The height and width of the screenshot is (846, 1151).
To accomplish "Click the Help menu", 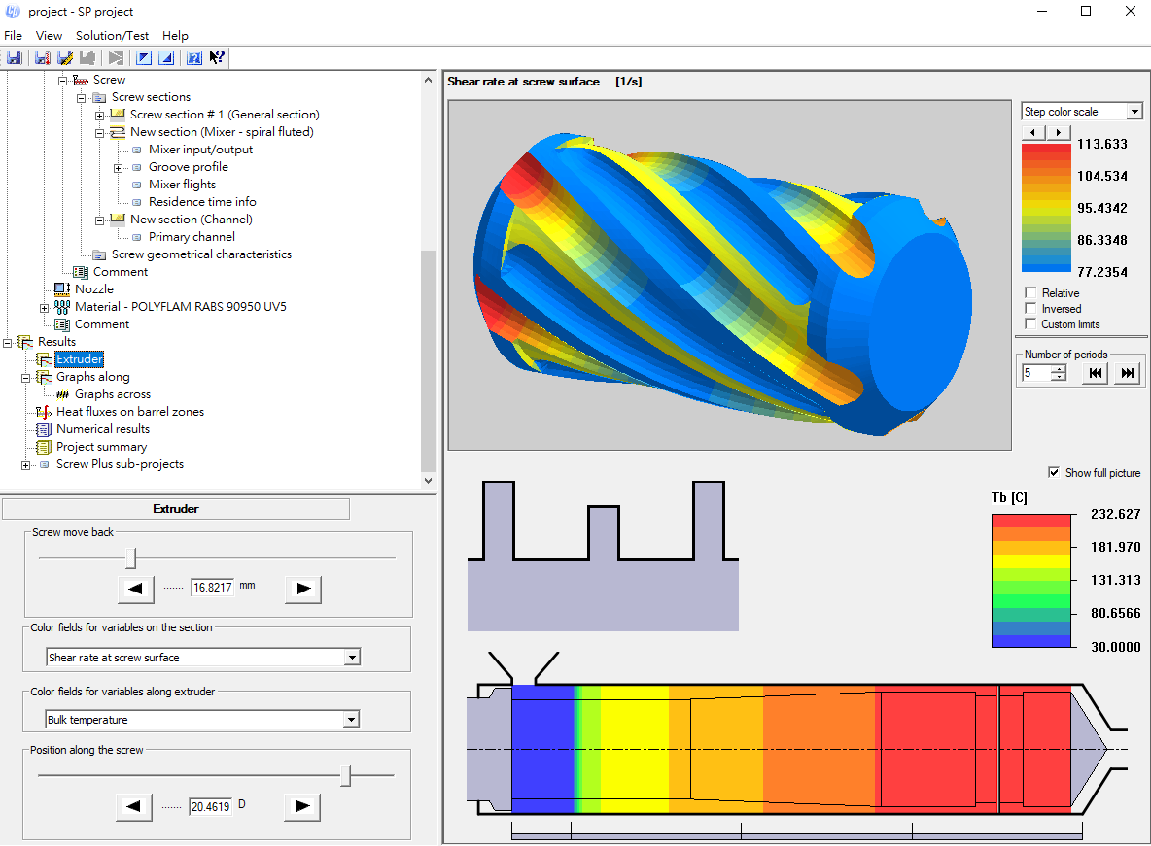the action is pos(175,35).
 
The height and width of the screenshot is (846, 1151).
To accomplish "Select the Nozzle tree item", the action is pos(94,289).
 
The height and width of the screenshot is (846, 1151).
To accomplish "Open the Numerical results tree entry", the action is pos(103,429).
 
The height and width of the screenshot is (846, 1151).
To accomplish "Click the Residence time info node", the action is pos(202,202).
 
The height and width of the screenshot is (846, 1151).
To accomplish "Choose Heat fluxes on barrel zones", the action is pos(130,412).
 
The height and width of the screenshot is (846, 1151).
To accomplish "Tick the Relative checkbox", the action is pos(1030,292).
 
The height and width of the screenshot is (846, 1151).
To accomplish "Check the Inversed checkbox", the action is pos(1030,308).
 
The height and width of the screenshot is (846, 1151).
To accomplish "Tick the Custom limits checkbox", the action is pos(1030,323).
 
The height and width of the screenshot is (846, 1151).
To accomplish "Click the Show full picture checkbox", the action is pos(1054,472).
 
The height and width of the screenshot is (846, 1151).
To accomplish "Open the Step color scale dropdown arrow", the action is pos(1134,112).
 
